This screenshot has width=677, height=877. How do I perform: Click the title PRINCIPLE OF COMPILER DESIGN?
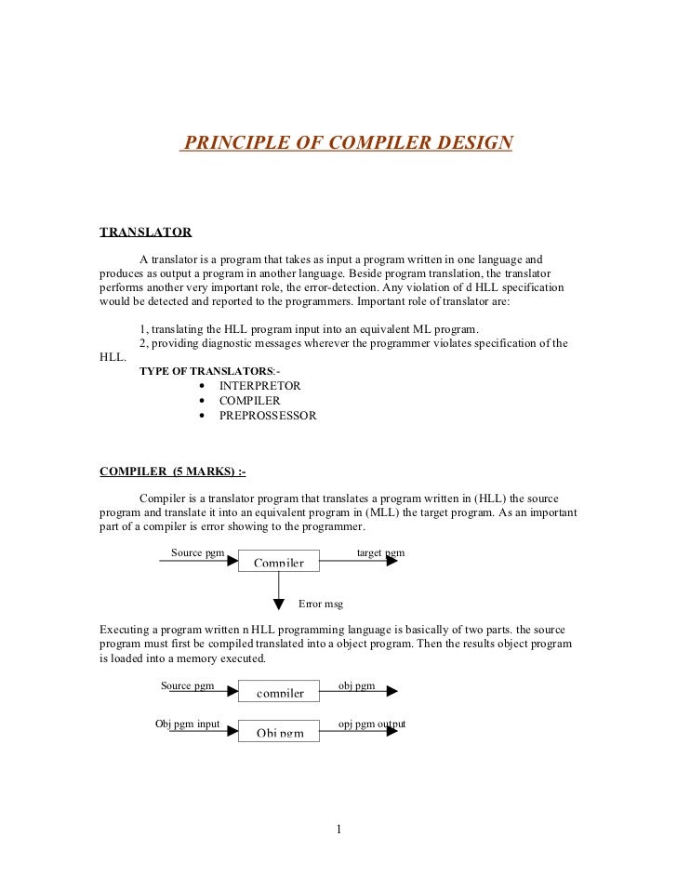coord(347,143)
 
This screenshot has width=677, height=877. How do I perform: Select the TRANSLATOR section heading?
coord(145,232)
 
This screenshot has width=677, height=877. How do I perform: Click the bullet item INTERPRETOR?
coord(259,385)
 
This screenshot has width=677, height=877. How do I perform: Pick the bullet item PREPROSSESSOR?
coord(268,416)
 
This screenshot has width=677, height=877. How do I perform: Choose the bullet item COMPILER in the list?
coord(249,401)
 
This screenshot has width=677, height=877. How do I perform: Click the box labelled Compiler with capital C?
coord(278,561)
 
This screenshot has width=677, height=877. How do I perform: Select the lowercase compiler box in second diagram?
coord(278,692)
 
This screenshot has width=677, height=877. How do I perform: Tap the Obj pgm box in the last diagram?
coord(278,731)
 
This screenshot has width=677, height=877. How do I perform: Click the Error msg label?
coord(321,604)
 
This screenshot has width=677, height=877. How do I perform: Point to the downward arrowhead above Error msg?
coord(279,605)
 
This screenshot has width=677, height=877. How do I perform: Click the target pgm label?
coord(380,552)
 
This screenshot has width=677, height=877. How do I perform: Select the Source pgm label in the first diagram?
coord(197,552)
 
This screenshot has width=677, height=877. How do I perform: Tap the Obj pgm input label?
coord(187,724)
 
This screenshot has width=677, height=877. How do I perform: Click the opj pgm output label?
coord(371,724)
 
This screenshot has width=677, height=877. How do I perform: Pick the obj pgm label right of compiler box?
coord(356,685)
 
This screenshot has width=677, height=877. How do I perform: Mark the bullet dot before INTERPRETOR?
coord(203,386)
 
